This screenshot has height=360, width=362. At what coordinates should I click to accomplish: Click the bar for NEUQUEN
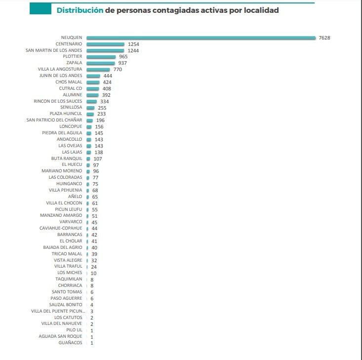[x=201, y=38]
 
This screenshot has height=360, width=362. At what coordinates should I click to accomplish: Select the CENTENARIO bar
[x=105, y=44]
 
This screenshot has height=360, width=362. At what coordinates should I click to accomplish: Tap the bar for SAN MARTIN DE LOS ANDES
[x=105, y=50]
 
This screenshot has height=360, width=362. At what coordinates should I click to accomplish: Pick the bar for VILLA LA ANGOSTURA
[x=98, y=70]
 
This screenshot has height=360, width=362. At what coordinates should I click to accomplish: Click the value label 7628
[x=324, y=38]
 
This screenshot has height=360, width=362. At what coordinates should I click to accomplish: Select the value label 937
[x=122, y=63]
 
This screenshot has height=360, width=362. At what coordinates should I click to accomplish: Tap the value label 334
[x=104, y=101]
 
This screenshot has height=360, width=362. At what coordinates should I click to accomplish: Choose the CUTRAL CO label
[x=71, y=88]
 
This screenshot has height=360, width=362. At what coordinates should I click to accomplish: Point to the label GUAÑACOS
[x=70, y=343]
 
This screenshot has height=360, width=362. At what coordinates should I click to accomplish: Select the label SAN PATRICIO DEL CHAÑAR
[x=54, y=120]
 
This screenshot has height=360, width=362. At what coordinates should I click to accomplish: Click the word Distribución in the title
[x=80, y=10]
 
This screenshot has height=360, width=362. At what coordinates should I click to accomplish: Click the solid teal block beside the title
[x=40, y=10]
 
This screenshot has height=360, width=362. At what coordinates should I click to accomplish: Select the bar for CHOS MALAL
[x=92, y=82]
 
